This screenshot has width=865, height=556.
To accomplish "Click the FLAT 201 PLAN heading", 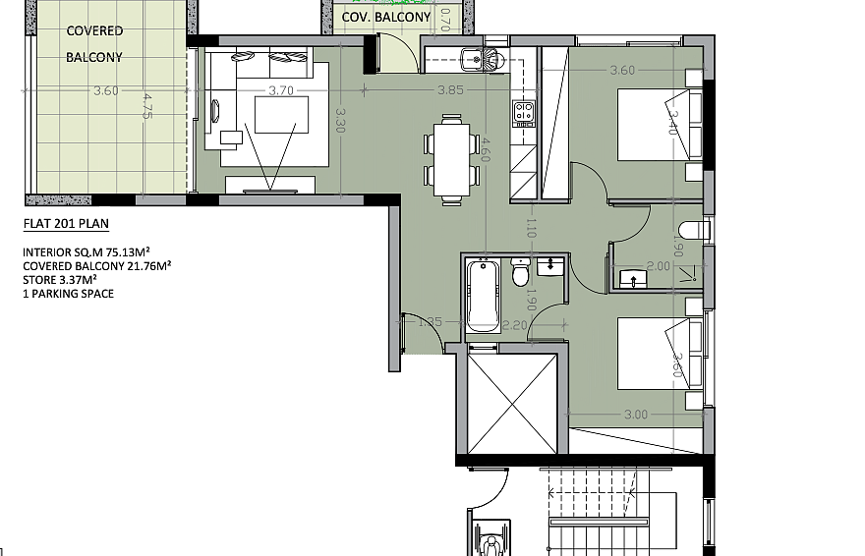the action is [66, 224].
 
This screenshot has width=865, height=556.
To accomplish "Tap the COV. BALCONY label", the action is [386, 17].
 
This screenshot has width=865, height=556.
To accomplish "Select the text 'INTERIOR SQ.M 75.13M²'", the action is [86, 252].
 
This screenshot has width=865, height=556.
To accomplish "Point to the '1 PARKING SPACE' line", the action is [69, 294].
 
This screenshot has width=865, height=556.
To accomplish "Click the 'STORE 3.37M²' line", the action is [60, 280].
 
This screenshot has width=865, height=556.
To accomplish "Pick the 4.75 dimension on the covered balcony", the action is [147, 106].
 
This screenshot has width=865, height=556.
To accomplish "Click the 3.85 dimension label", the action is [451, 89].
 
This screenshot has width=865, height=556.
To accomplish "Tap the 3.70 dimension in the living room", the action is [281, 90].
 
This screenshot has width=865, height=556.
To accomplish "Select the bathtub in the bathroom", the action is [483, 296].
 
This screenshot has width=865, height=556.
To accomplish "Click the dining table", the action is [452, 159].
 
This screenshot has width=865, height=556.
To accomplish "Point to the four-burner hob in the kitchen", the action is [524, 112].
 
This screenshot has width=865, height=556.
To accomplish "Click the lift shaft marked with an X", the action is [512, 404].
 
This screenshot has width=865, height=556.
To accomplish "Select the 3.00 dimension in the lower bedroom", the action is [636, 415].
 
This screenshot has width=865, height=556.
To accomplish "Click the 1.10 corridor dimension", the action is [531, 228].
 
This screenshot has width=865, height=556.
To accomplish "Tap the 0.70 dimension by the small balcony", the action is [446, 20].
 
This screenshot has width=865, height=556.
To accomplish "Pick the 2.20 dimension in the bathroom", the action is [515, 326].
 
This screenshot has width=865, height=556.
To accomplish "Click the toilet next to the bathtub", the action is [520, 271].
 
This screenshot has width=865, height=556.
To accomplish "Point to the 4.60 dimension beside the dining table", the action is [485, 150].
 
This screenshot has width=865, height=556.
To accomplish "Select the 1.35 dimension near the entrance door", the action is [431, 322].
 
